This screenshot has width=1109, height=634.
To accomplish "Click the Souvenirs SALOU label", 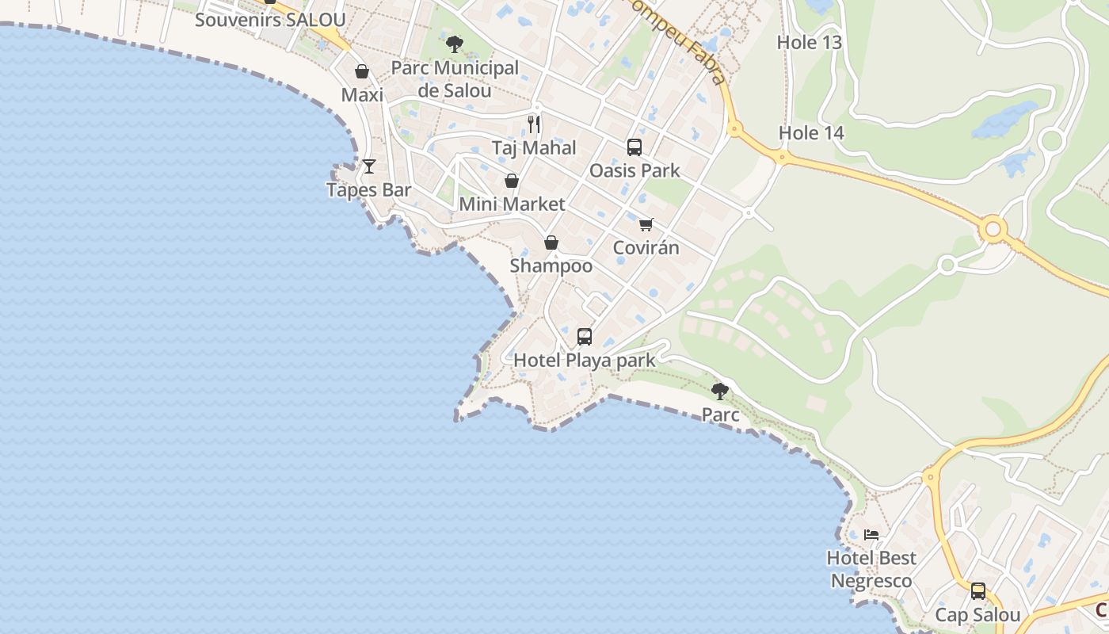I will tap(270, 20).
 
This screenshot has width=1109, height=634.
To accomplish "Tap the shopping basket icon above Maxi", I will tap(362, 72).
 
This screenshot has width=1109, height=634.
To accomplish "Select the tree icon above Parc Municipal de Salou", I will tap(455, 44).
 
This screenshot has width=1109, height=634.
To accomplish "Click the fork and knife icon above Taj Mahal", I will tap(534, 124).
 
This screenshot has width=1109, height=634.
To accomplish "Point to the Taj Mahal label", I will tap(534, 148).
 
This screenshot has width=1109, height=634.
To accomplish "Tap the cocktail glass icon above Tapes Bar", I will tap(369, 166).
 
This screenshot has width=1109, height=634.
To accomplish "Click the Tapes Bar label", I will tap(369, 190).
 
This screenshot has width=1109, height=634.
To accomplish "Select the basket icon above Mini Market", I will tap(512, 181).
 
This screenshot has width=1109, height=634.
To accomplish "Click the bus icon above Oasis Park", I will tap(635, 147).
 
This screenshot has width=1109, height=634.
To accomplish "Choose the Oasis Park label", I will tap(635, 170).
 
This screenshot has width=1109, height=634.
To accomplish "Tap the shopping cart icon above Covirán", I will tap(646, 224).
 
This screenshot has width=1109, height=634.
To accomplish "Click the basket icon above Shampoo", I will tap(551, 243).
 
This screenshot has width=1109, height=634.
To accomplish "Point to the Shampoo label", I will tap(551, 266).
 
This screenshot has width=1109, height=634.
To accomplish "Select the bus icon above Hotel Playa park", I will tap(585, 337).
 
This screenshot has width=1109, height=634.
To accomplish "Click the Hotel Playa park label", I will tap(585, 361).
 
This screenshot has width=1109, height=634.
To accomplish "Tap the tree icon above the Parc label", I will tap(720, 391).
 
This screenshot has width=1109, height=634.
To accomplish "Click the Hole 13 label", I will tap(810, 43).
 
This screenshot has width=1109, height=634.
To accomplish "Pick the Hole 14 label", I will tap(811, 133).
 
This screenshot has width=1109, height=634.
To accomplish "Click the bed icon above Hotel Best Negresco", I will tap(871, 535).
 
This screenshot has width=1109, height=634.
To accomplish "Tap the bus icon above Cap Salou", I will tap(978, 591).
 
